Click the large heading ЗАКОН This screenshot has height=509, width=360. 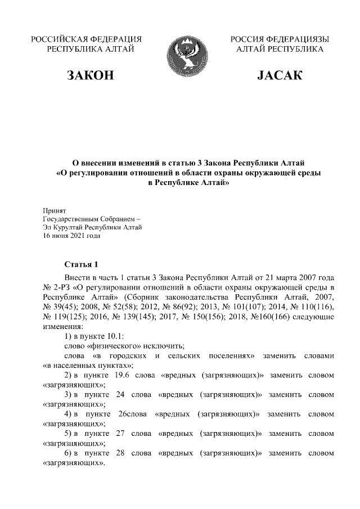[x=91, y=76]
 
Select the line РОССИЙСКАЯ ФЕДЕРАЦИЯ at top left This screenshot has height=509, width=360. [x=85, y=39]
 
